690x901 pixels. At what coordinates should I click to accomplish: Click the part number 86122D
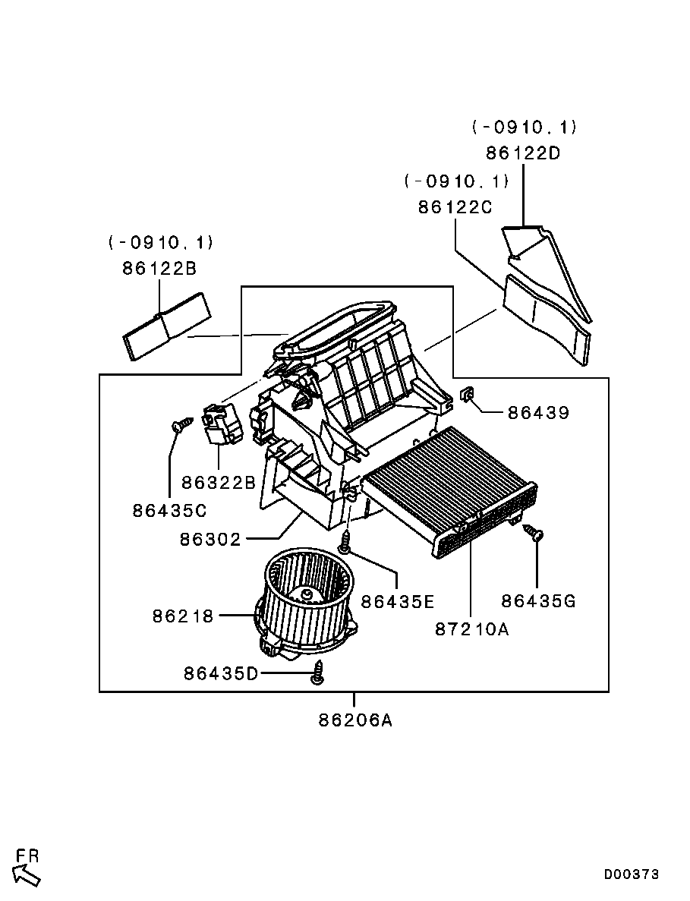523,153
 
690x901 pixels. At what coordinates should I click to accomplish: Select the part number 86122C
455,207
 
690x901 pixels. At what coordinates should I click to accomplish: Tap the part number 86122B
159,269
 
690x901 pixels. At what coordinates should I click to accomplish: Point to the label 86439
538,413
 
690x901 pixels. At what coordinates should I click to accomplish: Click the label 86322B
219,483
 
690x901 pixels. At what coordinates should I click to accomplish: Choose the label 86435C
169,510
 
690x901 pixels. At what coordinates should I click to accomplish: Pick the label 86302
210,540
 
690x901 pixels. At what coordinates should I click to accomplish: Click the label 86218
183,616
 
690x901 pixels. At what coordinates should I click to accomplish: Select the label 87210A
471,629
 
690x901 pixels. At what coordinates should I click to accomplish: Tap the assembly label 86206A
356,720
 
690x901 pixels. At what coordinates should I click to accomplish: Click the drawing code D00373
632,874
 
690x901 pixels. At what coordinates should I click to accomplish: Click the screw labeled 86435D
318,673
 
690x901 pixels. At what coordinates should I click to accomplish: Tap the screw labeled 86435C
183,424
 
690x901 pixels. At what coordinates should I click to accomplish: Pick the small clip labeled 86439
467,394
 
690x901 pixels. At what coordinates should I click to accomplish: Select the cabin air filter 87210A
451,491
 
